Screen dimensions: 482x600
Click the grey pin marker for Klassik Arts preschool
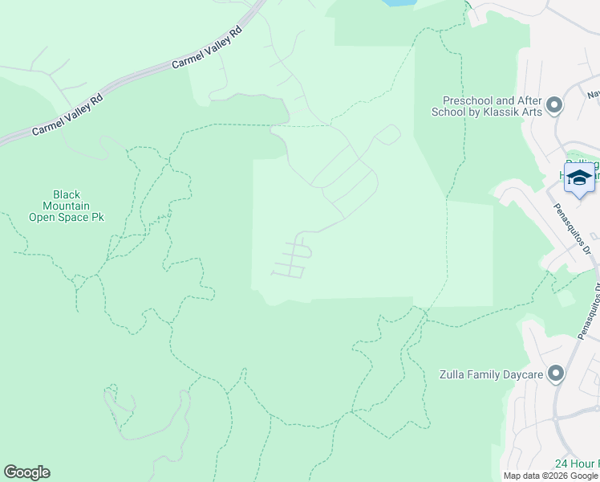pyautogui.click(x=553, y=105)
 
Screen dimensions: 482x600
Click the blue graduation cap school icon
pyautogui.click(x=579, y=178)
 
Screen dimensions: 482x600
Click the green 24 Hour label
pyautogui.click(x=577, y=465)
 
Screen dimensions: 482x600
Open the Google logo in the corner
pyautogui.click(x=26, y=472)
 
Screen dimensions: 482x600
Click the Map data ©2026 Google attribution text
pyautogui.click(x=550, y=476)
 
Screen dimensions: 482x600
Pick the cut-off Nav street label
pyautogui.click(x=593, y=94)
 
